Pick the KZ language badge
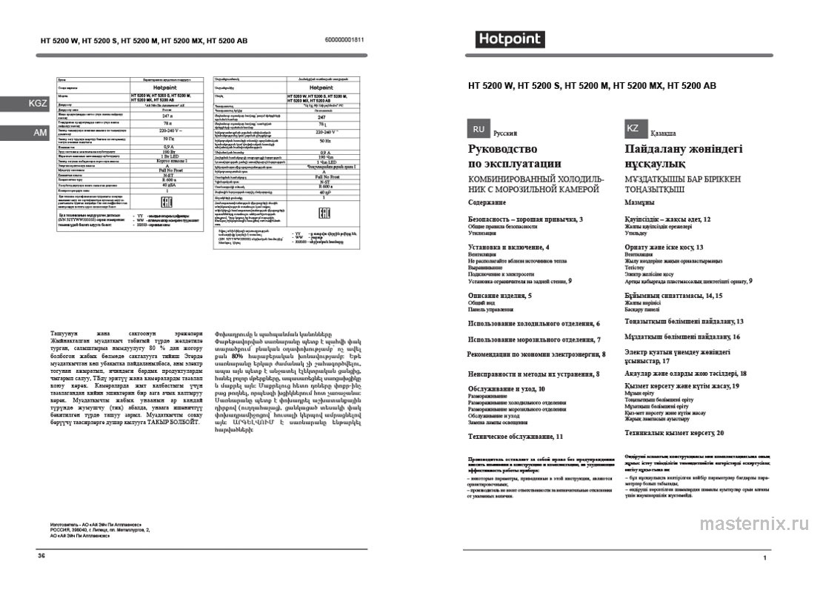pyautogui.click(x=633, y=128)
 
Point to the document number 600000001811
pyautogui.click(x=344, y=40)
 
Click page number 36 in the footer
pyautogui.click(x=41, y=555)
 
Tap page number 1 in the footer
pyautogui.click(x=764, y=557)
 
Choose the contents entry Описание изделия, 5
pyautogui.click(x=500, y=296)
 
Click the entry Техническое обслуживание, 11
pyautogui.click(x=516, y=437)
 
